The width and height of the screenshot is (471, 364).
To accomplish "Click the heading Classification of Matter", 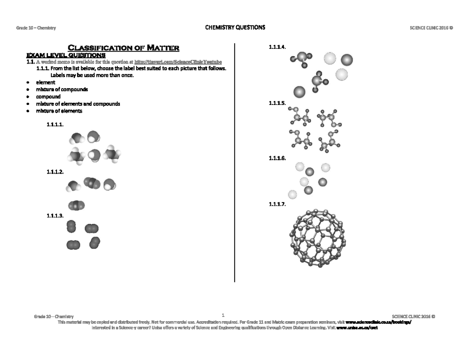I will tap(124, 48).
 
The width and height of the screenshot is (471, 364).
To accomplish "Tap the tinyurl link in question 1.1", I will tap(178, 62).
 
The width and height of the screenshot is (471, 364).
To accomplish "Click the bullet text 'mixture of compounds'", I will tap(62, 90).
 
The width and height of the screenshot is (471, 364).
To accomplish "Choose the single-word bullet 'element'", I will tap(46, 82).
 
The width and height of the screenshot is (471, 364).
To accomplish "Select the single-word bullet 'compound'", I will tap(48, 97).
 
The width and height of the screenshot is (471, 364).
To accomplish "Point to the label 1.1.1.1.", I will tap(55, 125).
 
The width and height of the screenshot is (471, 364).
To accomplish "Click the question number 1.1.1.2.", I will tap(55, 172).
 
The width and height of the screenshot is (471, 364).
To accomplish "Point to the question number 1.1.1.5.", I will tap(277, 103).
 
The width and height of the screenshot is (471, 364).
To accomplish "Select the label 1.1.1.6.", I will tap(277, 159).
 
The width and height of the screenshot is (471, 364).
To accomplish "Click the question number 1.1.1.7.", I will tap(277, 205).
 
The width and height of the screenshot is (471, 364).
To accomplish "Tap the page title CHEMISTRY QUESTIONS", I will tap(235, 27).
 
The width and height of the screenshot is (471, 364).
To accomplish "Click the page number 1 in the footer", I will tap(223, 315).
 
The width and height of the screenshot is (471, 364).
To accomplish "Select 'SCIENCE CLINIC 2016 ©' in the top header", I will tap(431, 28).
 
